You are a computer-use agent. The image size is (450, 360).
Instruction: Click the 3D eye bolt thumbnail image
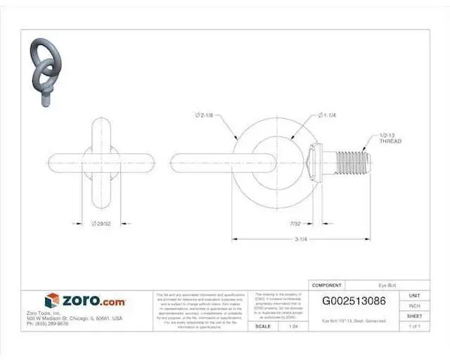pyautogui.click(x=43, y=69)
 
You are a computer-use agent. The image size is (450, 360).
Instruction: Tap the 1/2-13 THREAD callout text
pyautogui.click(x=390, y=138)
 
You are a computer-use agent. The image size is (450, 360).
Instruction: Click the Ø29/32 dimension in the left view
pyautogui.click(x=103, y=223)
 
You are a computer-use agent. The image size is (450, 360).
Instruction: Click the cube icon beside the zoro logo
pyautogui.click(x=53, y=301)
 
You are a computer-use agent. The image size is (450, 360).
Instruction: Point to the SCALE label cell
pyautogui.click(x=263, y=326)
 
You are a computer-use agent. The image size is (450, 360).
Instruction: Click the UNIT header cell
pyautogui.click(x=414, y=296)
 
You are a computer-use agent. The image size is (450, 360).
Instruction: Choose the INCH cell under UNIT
pyautogui.click(x=414, y=306)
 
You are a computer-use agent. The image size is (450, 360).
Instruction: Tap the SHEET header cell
pyautogui.click(x=414, y=316)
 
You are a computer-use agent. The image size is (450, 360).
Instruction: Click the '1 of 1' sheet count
pyautogui.click(x=414, y=326)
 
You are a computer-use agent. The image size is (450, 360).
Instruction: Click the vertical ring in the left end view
pyautogui.click(x=103, y=160)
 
